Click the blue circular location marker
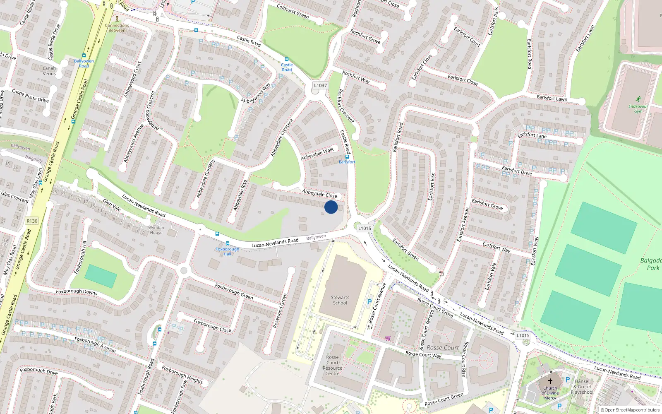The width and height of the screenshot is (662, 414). (x=331, y=207)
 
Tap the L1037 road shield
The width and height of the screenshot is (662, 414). (x=320, y=85)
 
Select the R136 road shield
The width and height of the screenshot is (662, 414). (x=32, y=221)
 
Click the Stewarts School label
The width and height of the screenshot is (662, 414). (x=340, y=300)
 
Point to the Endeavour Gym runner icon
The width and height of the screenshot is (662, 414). (x=638, y=99)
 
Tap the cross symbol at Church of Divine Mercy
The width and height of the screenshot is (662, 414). (x=550, y=381)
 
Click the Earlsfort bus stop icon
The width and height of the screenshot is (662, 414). (x=347, y=157)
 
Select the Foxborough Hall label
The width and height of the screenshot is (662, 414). (x=227, y=251)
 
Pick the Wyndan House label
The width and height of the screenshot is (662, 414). (x=156, y=230)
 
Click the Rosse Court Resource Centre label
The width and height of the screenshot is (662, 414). (x=332, y=365)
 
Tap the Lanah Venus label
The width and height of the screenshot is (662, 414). (x=49, y=71)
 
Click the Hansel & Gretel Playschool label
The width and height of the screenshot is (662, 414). (x=582, y=387)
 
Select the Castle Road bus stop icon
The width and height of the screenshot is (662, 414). (x=286, y=60)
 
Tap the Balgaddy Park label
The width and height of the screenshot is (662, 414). (x=651, y=264)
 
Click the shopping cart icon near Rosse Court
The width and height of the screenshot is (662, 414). (x=388, y=338)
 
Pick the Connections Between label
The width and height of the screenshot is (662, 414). (x=117, y=28)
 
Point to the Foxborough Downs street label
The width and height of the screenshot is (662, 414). (x=77, y=292)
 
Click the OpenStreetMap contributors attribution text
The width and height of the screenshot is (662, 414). (x=630, y=410)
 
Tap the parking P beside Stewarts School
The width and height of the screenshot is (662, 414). (x=369, y=302)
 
